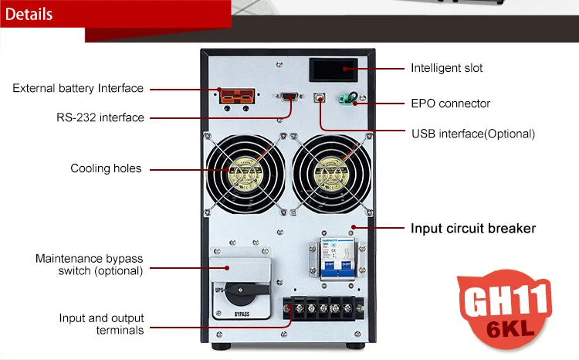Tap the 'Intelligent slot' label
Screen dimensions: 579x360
point(446,68)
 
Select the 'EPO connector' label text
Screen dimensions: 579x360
point(450,103)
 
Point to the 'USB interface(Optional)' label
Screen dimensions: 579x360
point(472,134)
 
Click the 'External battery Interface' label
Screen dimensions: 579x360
point(78,88)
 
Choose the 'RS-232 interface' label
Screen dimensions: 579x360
point(100,117)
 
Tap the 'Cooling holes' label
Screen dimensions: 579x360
point(106,168)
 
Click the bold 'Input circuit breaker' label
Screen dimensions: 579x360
point(472,228)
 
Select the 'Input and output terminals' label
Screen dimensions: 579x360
point(101,324)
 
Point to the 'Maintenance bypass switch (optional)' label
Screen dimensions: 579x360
point(89,264)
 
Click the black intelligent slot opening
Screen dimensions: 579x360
point(333,70)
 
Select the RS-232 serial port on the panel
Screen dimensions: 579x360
point(289,97)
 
